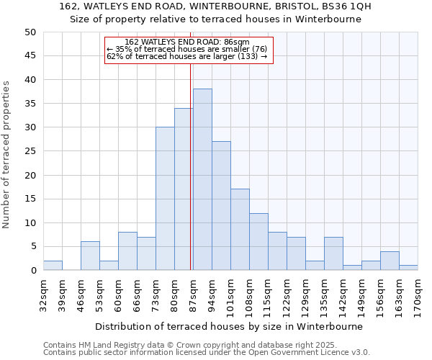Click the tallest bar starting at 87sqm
point(202,179)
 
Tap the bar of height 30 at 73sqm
point(165,199)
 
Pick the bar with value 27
point(221,206)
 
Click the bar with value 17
point(240,230)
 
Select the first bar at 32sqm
point(53,266)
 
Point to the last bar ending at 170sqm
point(408,268)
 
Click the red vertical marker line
point(191,166)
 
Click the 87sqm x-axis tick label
point(193,291)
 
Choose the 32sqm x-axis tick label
point(43,291)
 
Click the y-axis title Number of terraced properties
point(7,154)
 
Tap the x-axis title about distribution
point(229,326)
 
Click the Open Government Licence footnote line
point(207,353)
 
